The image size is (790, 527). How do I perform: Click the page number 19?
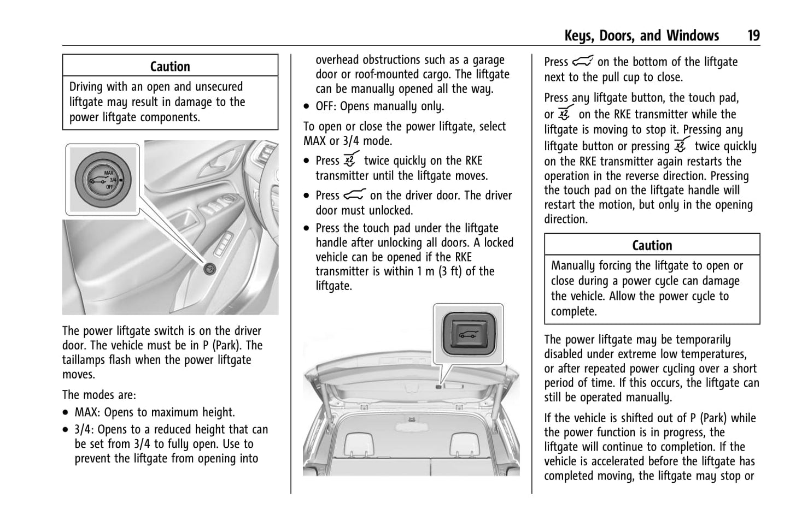(753, 36)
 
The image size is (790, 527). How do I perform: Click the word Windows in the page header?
(692, 36)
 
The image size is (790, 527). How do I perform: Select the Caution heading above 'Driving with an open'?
(170, 67)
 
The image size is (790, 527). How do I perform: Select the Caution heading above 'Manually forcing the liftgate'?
(652, 245)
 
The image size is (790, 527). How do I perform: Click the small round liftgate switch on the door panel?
(208, 268)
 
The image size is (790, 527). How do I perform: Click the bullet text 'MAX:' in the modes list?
(88, 412)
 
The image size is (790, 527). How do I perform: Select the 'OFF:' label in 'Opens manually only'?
(326, 106)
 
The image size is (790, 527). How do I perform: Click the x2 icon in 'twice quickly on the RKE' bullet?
(350, 160)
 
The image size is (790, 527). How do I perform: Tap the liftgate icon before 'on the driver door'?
(354, 195)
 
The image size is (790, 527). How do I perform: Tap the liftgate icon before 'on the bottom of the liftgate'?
(583, 62)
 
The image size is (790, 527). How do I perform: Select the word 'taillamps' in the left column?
(83, 360)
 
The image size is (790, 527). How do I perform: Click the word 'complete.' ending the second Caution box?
(574, 311)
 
